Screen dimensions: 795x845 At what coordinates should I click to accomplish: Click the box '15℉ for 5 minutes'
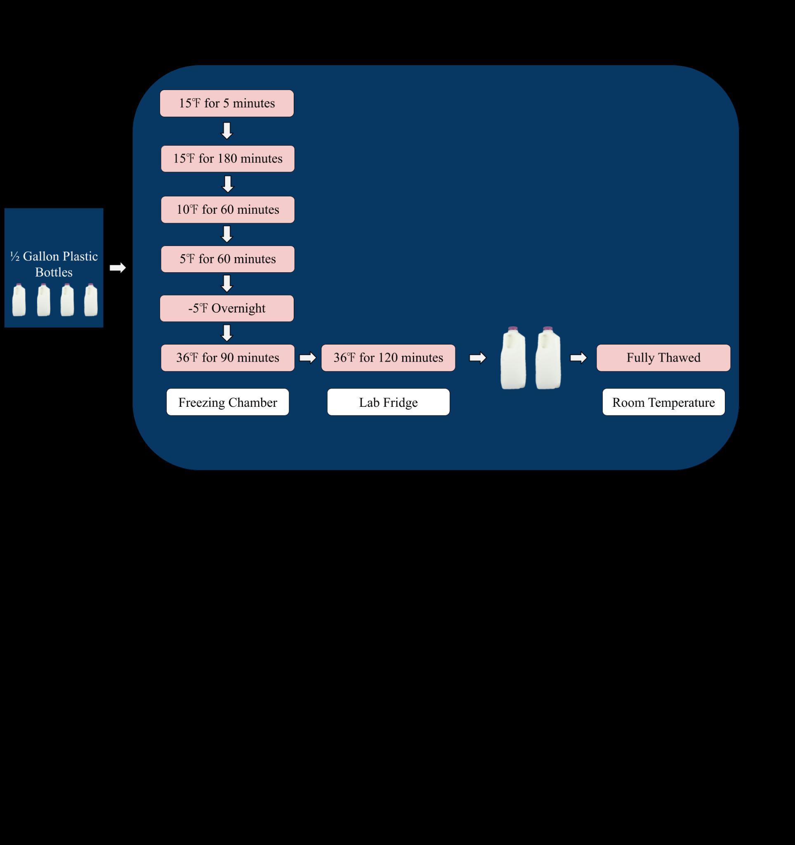[226, 103]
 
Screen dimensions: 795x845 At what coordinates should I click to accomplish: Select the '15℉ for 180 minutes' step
[227, 158]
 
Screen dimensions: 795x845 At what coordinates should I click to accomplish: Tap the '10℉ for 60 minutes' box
[227, 210]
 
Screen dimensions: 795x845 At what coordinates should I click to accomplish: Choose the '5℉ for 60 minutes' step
[227, 259]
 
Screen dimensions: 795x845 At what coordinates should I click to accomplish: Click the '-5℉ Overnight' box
[226, 308]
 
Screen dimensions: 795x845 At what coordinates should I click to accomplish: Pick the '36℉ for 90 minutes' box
[227, 357]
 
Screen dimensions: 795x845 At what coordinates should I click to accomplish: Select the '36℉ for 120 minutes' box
[388, 357]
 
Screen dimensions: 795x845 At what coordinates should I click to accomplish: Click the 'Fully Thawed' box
[663, 357]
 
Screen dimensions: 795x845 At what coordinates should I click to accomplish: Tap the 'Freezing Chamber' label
[227, 402]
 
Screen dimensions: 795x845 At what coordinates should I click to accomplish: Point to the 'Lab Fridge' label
[388, 402]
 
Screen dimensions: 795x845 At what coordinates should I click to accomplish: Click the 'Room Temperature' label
[663, 402]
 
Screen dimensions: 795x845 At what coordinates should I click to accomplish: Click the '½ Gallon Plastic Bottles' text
[54, 264]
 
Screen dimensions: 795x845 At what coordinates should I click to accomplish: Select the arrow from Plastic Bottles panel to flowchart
[117, 268]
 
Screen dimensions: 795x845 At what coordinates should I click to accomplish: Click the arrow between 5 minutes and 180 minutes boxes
[227, 131]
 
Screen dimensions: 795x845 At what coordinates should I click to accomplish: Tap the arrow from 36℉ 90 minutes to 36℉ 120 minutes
[308, 358]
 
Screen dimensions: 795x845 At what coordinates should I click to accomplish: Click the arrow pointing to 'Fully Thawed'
[578, 358]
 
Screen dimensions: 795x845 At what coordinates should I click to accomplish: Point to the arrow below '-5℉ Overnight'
[227, 333]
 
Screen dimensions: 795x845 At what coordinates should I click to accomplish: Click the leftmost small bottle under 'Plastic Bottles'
[19, 301]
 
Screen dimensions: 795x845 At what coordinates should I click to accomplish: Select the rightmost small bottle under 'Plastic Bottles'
[90, 301]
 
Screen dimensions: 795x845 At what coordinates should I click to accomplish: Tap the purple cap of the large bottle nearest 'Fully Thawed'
[548, 329]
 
